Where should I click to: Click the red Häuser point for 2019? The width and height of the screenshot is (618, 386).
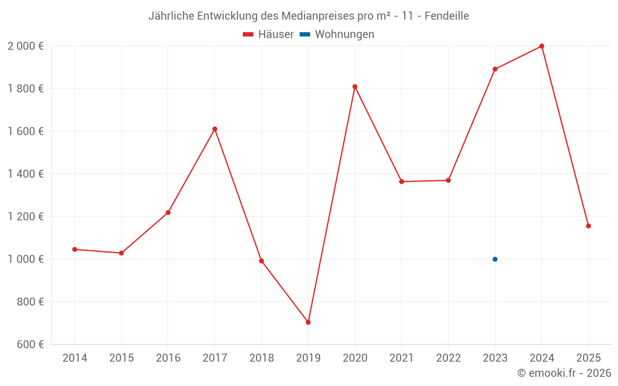(x=308, y=322)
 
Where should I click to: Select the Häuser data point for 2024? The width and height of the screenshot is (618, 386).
(x=541, y=46)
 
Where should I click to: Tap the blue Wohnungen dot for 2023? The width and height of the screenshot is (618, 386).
(x=495, y=259)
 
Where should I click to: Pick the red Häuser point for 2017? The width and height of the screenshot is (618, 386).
(x=214, y=129)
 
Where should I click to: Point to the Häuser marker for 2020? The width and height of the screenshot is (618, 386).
(x=355, y=86)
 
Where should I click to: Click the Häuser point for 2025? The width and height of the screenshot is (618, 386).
(x=588, y=226)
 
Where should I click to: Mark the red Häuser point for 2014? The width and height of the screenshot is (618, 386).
(x=75, y=250)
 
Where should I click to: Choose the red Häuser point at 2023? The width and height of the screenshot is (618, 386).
(x=495, y=69)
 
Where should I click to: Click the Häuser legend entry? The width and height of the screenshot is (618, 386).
(x=268, y=35)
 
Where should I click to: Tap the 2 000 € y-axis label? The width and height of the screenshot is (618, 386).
(x=25, y=46)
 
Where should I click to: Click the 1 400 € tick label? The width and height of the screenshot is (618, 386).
(x=25, y=174)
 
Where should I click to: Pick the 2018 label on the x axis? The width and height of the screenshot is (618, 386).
(x=261, y=358)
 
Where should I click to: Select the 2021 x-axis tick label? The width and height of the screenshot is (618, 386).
(x=402, y=358)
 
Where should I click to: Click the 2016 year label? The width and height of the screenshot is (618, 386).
(x=168, y=358)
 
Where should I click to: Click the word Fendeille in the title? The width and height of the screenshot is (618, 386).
(x=446, y=15)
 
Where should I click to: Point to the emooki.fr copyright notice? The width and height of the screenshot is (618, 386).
(x=564, y=373)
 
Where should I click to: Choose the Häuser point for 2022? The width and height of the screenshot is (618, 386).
(x=448, y=180)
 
